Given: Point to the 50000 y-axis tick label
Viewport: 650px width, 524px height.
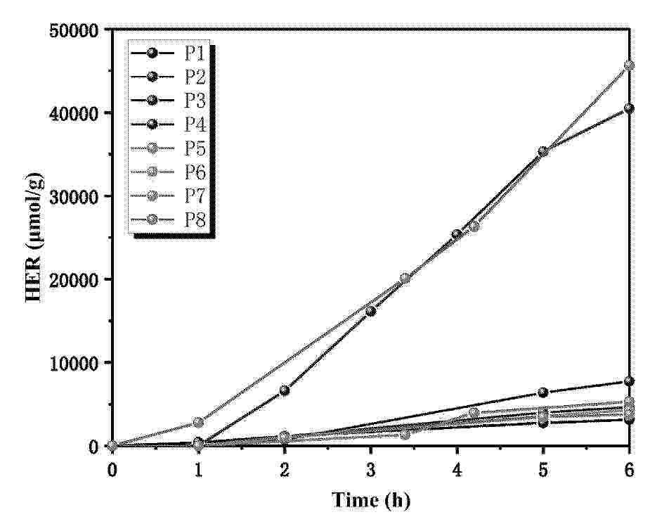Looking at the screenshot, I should coord(75,30).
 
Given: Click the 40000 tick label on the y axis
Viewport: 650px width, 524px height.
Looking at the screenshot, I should coord(75,113).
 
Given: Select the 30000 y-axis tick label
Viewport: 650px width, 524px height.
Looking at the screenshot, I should coord(75,196).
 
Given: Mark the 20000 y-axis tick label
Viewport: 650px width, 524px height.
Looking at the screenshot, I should coord(75,279).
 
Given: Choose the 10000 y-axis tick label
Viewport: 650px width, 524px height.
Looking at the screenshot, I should coord(75,362).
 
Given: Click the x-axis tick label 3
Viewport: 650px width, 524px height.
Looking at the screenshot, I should coord(370,469).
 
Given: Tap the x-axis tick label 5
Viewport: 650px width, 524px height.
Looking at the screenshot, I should coord(543,469).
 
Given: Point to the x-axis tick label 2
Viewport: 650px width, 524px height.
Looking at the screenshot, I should coord(285,469).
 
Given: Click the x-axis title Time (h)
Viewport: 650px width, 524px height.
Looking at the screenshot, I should coord(370,500).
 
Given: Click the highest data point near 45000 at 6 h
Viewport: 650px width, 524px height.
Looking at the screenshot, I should coord(629,65).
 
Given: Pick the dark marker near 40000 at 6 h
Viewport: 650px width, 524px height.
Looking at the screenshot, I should coord(629,108).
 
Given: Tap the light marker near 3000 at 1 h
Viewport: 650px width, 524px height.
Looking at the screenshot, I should coord(198,422).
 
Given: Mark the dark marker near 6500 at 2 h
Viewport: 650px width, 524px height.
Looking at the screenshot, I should coord(285,390).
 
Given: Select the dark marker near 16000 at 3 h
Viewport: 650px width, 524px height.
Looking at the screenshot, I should coord(370,311).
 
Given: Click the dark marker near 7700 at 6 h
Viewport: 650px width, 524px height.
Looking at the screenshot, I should coord(629,381).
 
